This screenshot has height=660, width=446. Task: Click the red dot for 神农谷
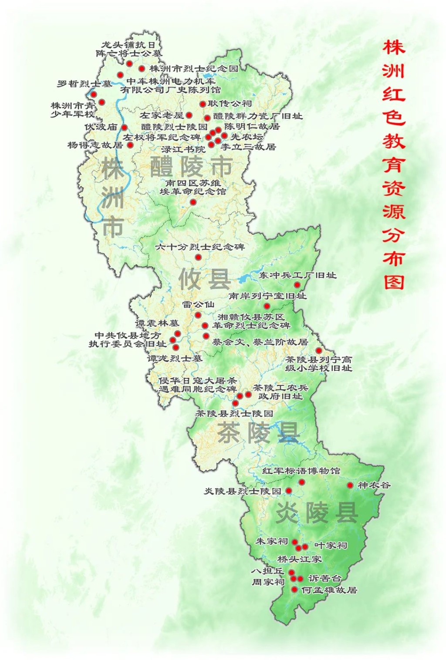click(x=350, y=485)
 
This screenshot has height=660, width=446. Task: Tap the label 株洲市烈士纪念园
click(x=194, y=68)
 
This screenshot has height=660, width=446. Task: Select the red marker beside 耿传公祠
click(x=203, y=104)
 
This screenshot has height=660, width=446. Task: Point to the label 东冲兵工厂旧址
click(x=297, y=275)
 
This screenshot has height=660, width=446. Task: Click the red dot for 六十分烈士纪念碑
click(x=198, y=257)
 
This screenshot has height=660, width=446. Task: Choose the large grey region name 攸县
click(x=204, y=278)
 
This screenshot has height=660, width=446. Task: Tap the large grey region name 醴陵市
click(x=191, y=167)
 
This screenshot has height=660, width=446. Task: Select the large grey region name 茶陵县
click(x=258, y=432)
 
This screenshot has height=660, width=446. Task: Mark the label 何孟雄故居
click(x=329, y=590)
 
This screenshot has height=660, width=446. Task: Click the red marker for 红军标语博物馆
click(x=301, y=482)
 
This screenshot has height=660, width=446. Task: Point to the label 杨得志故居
click(x=95, y=145)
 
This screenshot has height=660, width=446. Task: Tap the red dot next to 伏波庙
click(x=125, y=127)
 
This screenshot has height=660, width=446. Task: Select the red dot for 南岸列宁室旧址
click(x=267, y=306)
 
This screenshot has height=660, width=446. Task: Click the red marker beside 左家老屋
click(x=189, y=115)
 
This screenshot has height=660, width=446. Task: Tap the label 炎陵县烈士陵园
click(x=243, y=491)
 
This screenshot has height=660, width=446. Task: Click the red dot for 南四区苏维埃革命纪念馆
click(x=193, y=202)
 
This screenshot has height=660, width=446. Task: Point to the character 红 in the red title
click(x=394, y=94)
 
